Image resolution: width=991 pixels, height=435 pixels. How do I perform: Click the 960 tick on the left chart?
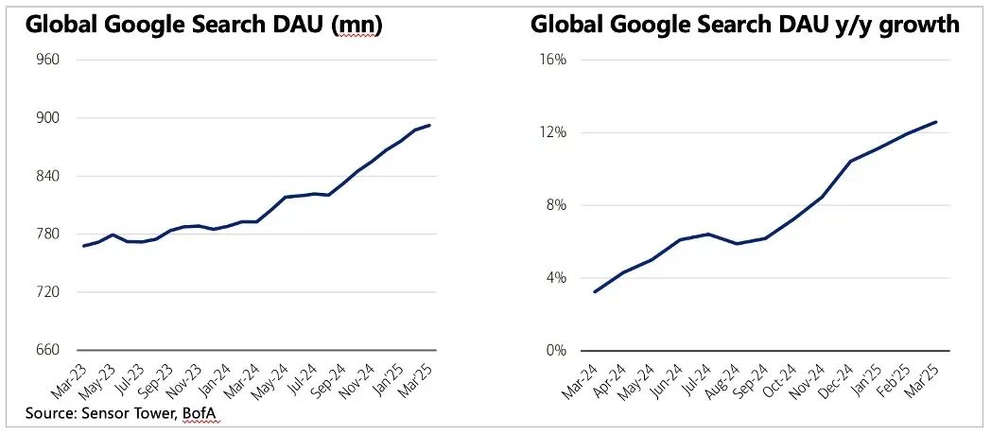click(47, 60)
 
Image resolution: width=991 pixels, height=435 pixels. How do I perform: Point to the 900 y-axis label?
click(47, 118)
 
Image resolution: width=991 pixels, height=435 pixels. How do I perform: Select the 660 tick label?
click(47, 350)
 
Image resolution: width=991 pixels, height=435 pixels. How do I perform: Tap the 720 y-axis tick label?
click(47, 292)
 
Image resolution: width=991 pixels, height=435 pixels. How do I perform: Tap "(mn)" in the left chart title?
click(351, 26)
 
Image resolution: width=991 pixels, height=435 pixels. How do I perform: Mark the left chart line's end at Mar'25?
click(431, 125)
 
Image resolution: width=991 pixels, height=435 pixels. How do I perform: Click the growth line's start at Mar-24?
click(594, 291)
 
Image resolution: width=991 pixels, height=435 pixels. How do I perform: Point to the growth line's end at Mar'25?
click(936, 122)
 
